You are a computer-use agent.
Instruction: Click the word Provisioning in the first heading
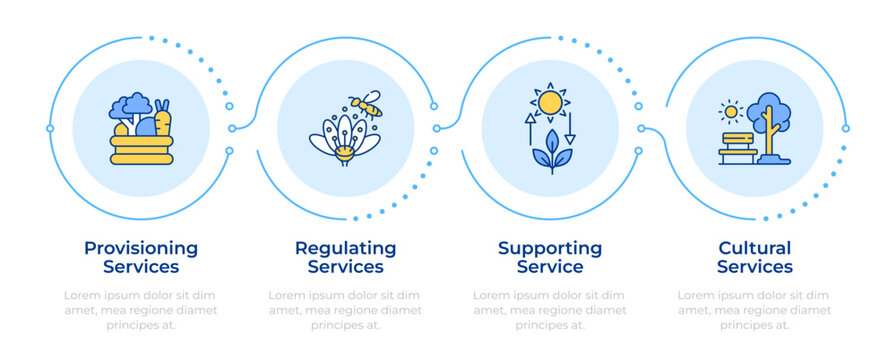pyautogui.click(x=141, y=248)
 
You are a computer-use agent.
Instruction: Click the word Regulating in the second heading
pyautogui.click(x=345, y=248)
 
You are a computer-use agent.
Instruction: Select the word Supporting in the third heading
pyautogui.click(x=550, y=248)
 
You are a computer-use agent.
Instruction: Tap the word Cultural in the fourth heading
pyautogui.click(x=754, y=248)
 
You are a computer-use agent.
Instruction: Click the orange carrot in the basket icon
pyautogui.click(x=163, y=119)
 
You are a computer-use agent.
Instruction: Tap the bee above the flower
pyautogui.click(x=366, y=102)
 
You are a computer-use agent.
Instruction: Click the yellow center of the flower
pyautogui.click(x=343, y=153)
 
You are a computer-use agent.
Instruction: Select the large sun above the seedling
pyautogui.click(x=549, y=102)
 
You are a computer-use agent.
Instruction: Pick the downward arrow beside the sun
pyautogui.click(x=570, y=129)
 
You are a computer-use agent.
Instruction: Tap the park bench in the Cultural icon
pyautogui.click(x=737, y=147)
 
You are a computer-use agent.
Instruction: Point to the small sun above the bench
pyautogui.click(x=730, y=111)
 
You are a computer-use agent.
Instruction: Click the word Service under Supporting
pyautogui.click(x=550, y=267)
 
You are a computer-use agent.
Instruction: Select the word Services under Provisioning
pyautogui.click(x=141, y=267)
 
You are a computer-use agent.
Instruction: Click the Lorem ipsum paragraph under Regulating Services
pyautogui.click(x=345, y=310)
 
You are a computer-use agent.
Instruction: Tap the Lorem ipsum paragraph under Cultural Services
pyautogui.click(x=754, y=310)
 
